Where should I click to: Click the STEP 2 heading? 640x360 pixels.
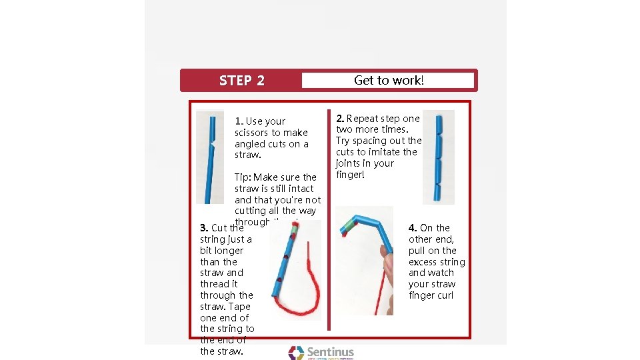(241, 81)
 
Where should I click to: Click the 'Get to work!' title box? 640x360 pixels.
(388, 81)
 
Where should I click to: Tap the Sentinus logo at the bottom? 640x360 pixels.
(321, 353)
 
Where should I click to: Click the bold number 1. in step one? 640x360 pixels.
(239, 121)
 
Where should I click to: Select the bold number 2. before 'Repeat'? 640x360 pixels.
(340, 119)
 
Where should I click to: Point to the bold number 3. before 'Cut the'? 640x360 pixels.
(204, 228)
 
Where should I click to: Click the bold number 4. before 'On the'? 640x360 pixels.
(413, 228)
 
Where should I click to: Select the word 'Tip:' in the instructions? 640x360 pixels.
(243, 177)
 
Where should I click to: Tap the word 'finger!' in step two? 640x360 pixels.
(350, 175)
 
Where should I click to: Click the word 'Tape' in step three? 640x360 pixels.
(239, 307)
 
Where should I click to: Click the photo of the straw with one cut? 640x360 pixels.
(210, 157)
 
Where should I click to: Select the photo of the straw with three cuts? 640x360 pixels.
(438, 157)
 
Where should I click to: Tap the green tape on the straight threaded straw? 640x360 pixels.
(292, 229)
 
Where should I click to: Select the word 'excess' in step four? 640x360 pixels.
(423, 262)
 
